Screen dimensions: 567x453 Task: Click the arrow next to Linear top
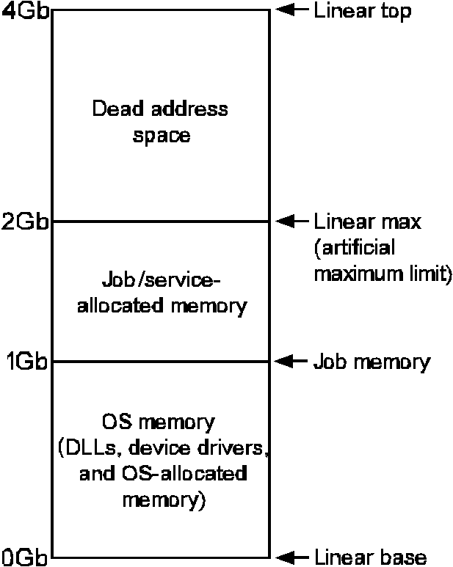point(291,10)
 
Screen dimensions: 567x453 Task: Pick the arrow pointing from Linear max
point(291,221)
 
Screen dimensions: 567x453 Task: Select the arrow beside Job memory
point(291,361)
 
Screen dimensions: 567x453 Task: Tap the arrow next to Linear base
point(291,557)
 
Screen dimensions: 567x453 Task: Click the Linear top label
point(362,11)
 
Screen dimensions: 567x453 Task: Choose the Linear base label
point(369,557)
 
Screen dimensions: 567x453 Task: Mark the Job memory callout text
point(372,362)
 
